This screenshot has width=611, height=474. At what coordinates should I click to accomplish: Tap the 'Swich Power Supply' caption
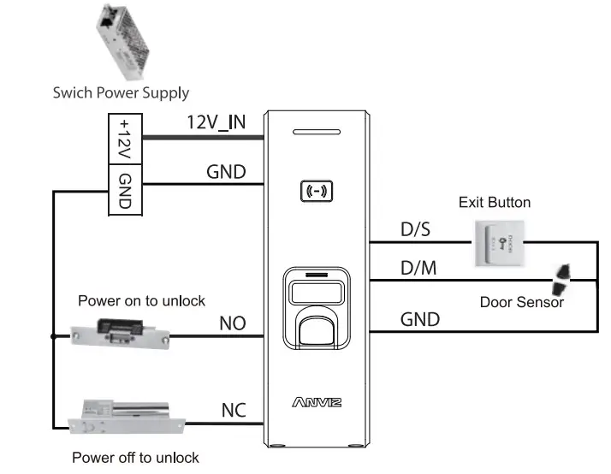[121, 92]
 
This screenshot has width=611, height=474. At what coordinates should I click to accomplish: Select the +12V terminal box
[125, 138]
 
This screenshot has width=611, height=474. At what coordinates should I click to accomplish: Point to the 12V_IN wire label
[217, 122]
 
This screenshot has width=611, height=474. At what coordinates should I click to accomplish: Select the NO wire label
[232, 323]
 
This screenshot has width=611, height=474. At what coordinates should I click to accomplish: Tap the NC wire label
[233, 410]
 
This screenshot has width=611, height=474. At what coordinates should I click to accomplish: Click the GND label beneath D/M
[420, 319]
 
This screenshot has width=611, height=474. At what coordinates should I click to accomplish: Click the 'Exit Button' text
[495, 203]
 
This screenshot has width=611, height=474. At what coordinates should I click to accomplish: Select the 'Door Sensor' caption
[522, 302]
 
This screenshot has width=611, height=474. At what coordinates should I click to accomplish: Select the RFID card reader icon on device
[317, 191]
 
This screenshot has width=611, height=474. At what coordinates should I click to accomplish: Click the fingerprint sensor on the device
[317, 325]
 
